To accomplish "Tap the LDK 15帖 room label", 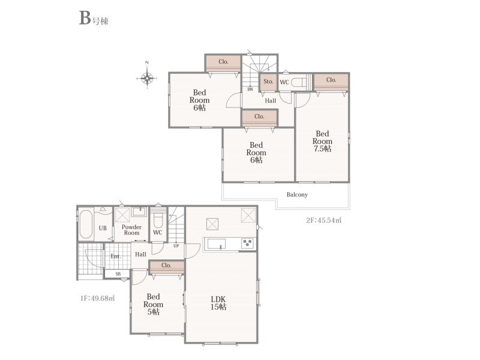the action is point(218,303).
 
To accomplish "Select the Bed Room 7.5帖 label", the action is point(322,141).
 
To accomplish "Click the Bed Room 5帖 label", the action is point(153,304).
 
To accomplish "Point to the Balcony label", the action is point(297,194).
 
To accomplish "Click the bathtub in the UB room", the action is point(86,224).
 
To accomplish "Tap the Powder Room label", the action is point(131,230).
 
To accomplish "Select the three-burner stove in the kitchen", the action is point(247,244).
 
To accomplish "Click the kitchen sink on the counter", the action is point(217,244).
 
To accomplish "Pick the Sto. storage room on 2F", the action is point(268,82).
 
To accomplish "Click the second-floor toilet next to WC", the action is point(299,82).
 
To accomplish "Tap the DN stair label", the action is point(250,89).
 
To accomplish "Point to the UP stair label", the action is point(176,246).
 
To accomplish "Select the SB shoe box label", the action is point(118,274).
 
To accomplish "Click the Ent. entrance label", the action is point(116,256).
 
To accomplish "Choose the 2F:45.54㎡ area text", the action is point(324,220).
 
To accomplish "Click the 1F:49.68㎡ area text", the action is point(97,298).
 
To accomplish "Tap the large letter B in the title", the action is point(85,18).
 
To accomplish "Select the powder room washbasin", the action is point(140,212).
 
